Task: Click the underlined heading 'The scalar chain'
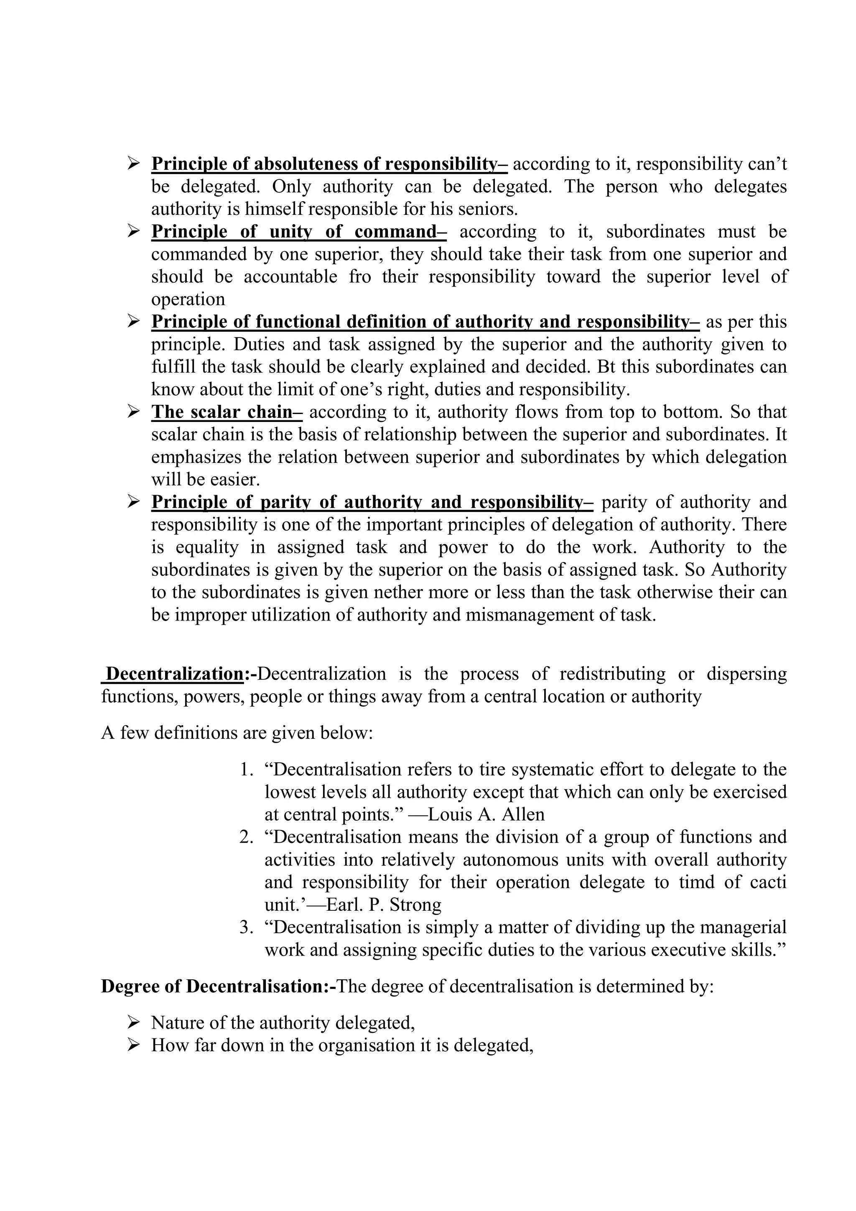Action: (x=226, y=412)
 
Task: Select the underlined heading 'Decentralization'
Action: (x=174, y=674)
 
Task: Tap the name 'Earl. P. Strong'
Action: (x=384, y=904)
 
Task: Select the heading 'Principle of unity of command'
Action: (x=299, y=232)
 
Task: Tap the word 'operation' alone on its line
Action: (x=188, y=299)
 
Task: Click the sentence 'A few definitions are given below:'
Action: (x=237, y=733)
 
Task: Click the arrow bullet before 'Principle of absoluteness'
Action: (x=133, y=164)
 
